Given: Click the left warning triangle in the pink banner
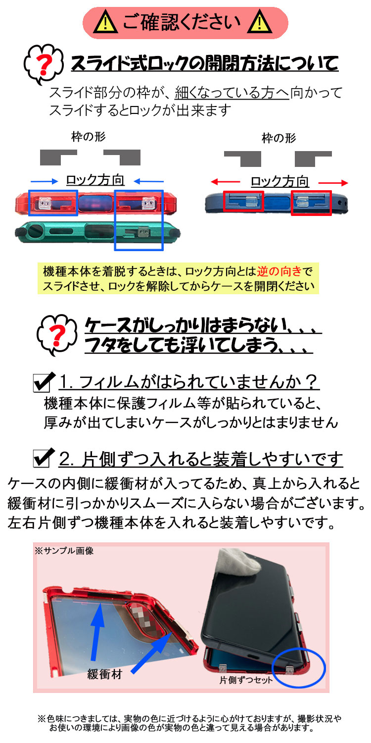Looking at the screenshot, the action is click(x=106, y=22).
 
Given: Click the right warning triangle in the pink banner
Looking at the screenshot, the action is click(x=259, y=22).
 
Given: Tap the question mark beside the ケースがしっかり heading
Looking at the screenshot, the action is click(x=57, y=334).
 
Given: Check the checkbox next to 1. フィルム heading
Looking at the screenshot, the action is click(x=44, y=382).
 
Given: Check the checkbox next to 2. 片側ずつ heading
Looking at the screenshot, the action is click(x=44, y=458).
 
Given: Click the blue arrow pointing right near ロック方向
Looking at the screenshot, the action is click(x=45, y=181).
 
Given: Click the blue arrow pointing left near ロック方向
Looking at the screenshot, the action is click(x=149, y=181).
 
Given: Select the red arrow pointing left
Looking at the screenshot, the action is click(x=225, y=182).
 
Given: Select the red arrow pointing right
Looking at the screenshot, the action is click(x=333, y=182).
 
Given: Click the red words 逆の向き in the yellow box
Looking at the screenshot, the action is click(x=279, y=271).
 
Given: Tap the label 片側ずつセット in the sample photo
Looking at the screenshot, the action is click(x=246, y=680).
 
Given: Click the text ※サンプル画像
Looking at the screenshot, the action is click(x=64, y=551).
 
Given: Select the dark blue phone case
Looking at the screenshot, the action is click(x=277, y=203).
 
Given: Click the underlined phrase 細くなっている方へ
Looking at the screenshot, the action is click(x=232, y=93).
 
